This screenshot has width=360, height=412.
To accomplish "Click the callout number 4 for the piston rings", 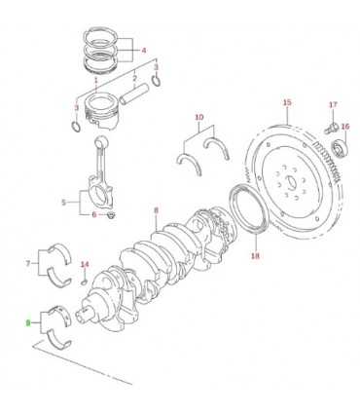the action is pyautogui.click(x=144, y=50).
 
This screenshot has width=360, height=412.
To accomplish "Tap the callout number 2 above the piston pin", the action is pyautogui.click(x=134, y=79).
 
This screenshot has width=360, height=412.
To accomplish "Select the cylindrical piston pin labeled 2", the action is pyautogui.click(x=134, y=94).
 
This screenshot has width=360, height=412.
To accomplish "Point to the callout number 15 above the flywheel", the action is pyautogui.click(x=287, y=102).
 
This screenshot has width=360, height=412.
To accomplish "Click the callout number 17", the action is pyautogui.click(x=333, y=104).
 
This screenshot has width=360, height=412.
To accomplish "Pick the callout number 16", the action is pyautogui.click(x=345, y=127).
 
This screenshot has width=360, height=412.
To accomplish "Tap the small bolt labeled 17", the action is pyautogui.click(x=331, y=128).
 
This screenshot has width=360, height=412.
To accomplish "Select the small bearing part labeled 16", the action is pyautogui.click(x=341, y=148).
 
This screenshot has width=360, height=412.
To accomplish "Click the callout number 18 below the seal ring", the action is pyautogui.click(x=256, y=256).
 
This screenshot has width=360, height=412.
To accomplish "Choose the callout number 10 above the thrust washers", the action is pyautogui.click(x=199, y=117).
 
